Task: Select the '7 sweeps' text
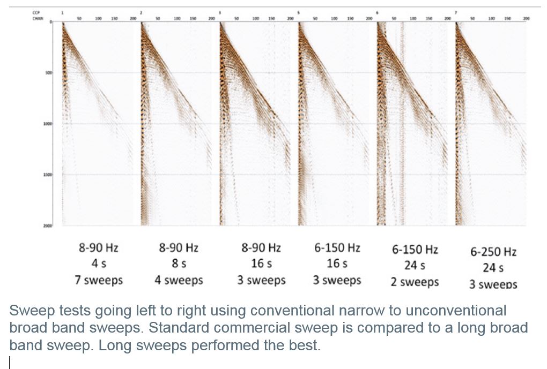coord(98,280)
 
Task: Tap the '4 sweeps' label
coord(179,280)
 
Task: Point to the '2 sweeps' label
coord(415,282)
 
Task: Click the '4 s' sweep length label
coord(98,264)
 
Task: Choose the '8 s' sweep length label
coord(179,264)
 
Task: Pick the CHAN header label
coord(37,18)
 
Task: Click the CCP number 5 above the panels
coord(299,12)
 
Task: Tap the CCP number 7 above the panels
coord(456,12)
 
